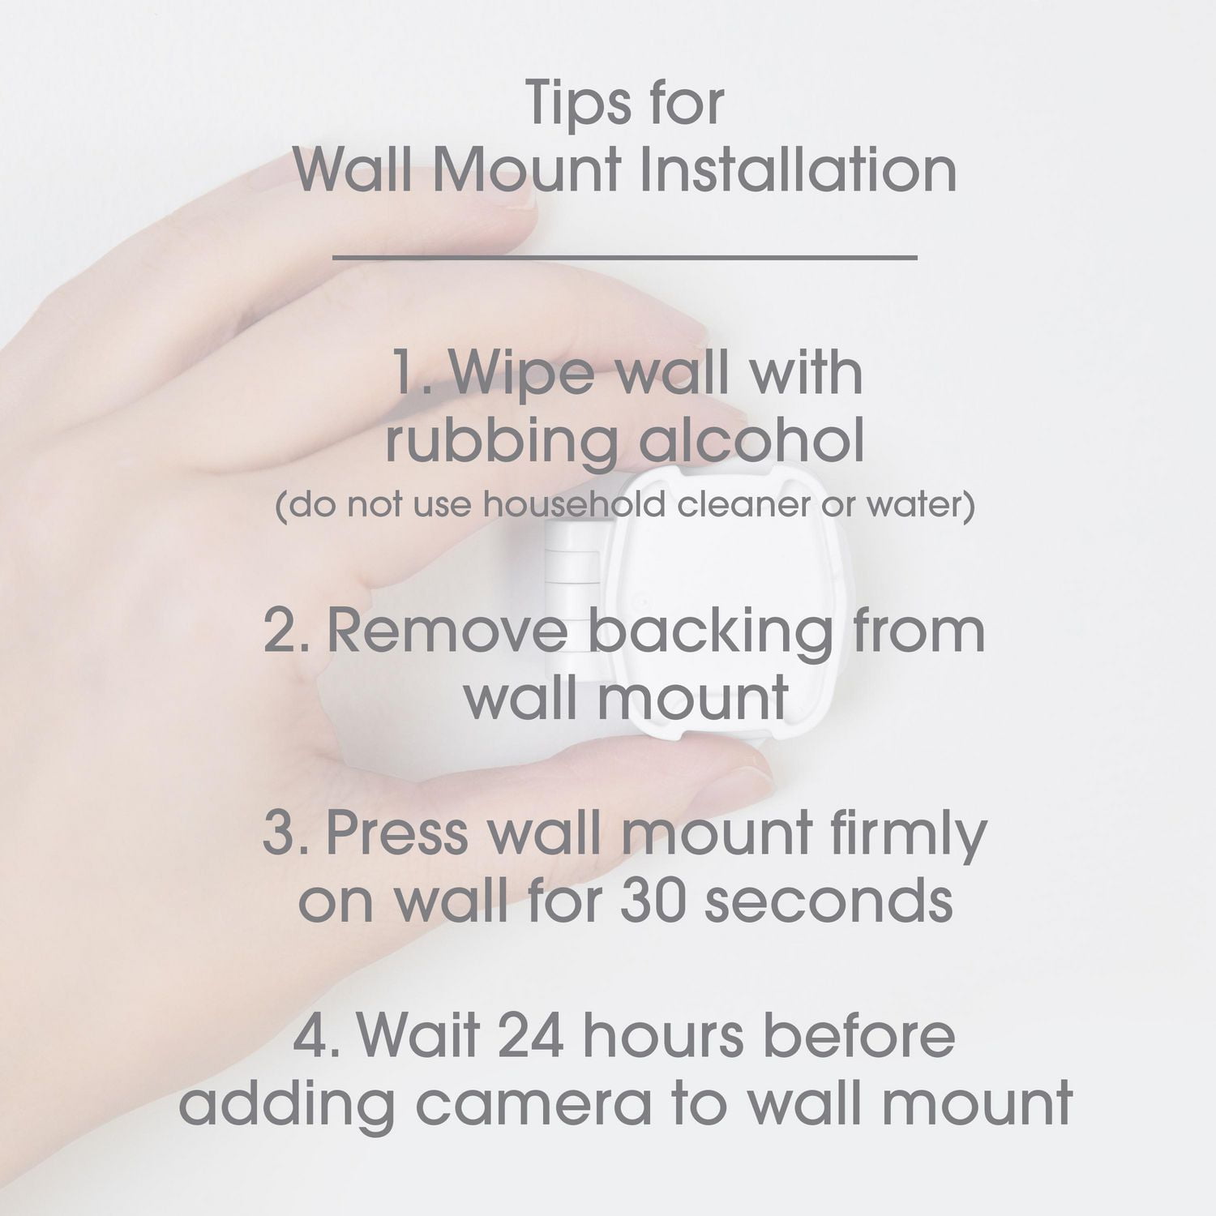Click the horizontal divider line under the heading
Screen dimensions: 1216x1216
click(x=625, y=258)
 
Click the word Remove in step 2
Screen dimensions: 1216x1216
click(x=445, y=632)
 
